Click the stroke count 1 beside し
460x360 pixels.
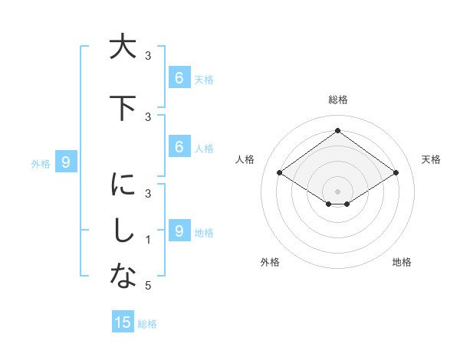coord(148,240)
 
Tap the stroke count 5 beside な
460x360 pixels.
coord(148,286)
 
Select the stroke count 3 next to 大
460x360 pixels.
coord(148,56)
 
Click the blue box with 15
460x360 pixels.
coord(123,322)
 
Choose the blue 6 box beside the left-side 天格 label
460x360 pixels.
coord(179,77)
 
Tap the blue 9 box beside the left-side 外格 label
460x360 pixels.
coord(66,162)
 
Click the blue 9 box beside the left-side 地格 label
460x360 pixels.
coord(179,231)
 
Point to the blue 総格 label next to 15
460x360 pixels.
coord(147,324)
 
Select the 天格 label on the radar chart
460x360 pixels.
coord(431,159)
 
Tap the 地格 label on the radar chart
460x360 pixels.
coord(402,262)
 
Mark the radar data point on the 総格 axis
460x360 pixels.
coord(337,131)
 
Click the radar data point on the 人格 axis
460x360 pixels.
coord(280,173)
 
